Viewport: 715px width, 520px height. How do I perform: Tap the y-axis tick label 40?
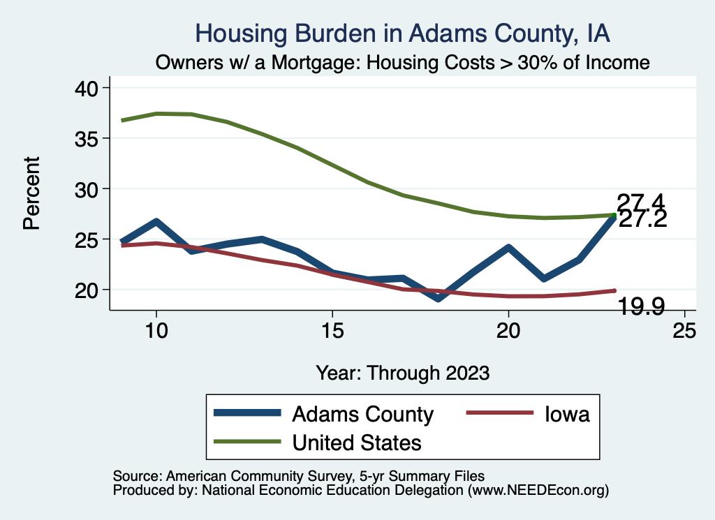pos(86,88)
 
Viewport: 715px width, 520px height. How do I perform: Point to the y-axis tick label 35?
pos(86,138)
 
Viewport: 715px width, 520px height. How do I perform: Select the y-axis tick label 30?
pos(86,189)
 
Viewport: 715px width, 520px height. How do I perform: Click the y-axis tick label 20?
pos(86,290)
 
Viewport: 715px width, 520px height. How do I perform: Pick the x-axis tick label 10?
pos(156,332)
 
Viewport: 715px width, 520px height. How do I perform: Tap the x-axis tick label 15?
pos(332,332)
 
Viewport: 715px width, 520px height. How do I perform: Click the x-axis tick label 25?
pos(684,332)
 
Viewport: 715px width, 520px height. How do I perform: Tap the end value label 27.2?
pos(643,220)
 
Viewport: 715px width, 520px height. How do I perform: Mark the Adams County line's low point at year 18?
pos(438,298)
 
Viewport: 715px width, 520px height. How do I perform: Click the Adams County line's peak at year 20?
pos(508,248)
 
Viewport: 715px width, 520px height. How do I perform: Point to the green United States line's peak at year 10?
pos(156,113)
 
